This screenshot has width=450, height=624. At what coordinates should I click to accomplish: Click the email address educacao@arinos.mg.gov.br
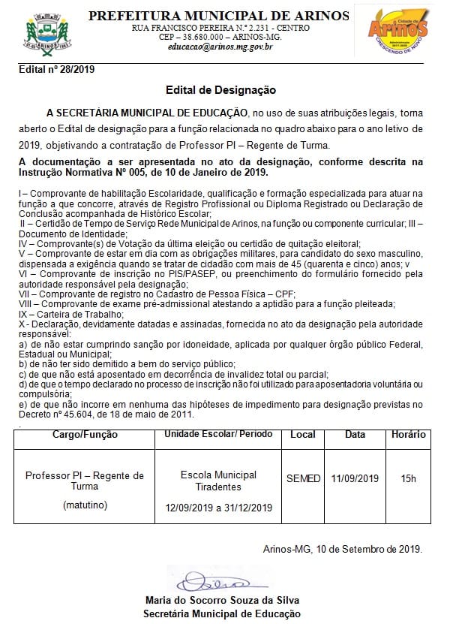click(x=220, y=47)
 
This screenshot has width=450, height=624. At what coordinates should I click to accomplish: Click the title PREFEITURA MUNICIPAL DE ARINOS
click(x=219, y=16)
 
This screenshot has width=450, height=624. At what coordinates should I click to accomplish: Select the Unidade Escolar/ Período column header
click(x=219, y=435)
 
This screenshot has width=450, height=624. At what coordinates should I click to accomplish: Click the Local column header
click(x=303, y=435)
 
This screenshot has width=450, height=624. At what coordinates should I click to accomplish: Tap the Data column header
click(x=355, y=435)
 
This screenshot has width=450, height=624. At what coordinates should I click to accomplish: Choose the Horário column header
click(x=408, y=435)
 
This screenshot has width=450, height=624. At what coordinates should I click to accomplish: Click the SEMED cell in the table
click(x=303, y=478)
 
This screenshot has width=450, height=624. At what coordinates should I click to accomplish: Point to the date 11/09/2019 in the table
click(x=355, y=478)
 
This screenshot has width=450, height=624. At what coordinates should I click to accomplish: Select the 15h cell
click(x=408, y=478)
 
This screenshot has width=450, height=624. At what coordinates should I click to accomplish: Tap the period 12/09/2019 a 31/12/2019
click(x=219, y=508)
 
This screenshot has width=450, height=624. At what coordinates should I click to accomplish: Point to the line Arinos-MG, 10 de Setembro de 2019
click(x=342, y=549)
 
